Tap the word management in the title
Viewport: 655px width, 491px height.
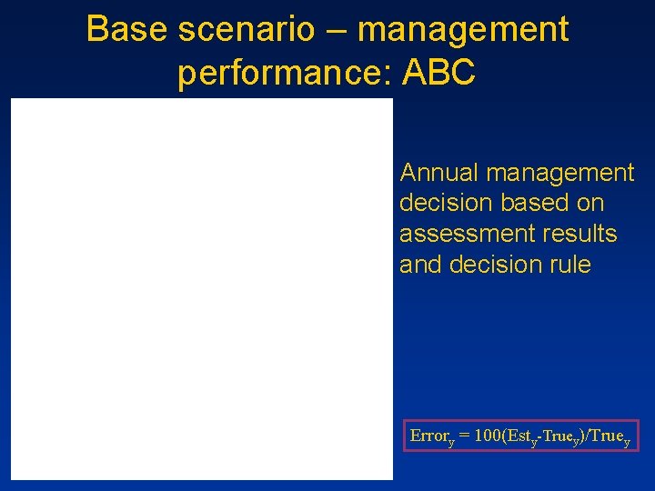tap(463, 31)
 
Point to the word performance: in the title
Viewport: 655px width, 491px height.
tap(284, 73)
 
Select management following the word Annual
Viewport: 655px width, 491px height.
tap(561, 172)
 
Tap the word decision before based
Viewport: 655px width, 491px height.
tap(442, 203)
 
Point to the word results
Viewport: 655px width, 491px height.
tap(582, 234)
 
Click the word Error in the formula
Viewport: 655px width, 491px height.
tap(427, 435)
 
